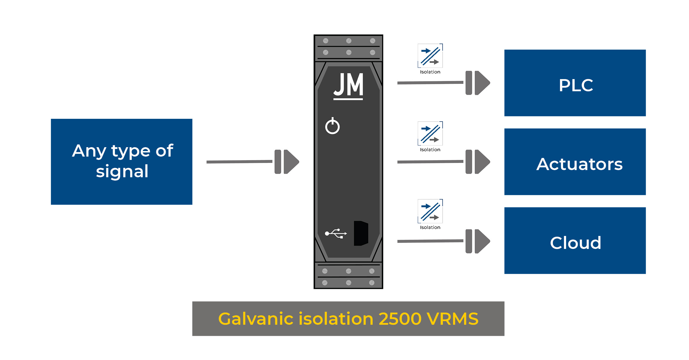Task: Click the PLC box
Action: tap(575, 83)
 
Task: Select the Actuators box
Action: tap(575, 162)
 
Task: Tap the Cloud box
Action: tap(575, 241)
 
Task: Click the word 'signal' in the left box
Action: tap(122, 171)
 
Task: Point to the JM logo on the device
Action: tap(348, 86)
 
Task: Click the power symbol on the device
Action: tap(332, 126)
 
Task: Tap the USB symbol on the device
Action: tap(336, 233)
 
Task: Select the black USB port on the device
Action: tap(361, 233)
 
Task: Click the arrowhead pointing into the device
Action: tap(291, 162)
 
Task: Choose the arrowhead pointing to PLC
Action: tap(482, 83)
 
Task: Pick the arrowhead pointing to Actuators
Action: tap(482, 162)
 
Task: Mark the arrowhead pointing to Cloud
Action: tap(482, 241)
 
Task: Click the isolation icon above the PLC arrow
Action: tap(430, 56)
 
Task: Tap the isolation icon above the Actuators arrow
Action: tap(430, 134)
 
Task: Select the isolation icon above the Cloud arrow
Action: tap(430, 211)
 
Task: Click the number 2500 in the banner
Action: tap(400, 319)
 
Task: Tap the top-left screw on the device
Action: tap(325, 41)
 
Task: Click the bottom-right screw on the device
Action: tap(372, 283)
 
